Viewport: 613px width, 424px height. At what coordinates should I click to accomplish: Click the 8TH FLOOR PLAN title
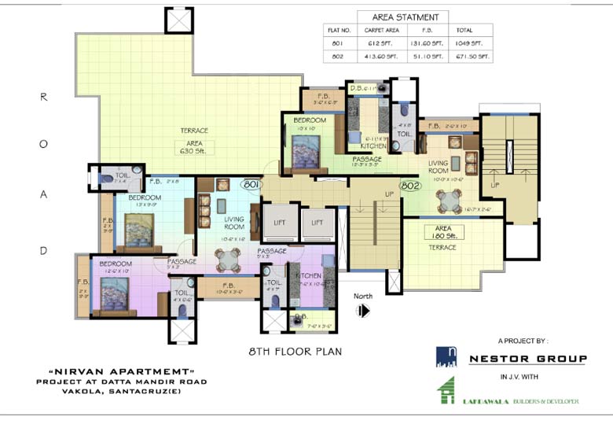[295, 352]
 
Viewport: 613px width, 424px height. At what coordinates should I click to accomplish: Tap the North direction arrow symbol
[363, 311]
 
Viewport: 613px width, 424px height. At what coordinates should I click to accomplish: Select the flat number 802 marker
[409, 186]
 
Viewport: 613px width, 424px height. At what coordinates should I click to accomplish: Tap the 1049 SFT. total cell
[469, 43]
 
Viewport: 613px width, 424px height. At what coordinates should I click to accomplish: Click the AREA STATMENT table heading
[403, 17]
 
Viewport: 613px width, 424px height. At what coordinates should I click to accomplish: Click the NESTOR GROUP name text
[527, 359]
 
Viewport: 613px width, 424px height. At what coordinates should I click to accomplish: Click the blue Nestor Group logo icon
[446, 356]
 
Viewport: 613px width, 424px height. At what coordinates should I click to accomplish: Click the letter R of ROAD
[44, 97]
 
